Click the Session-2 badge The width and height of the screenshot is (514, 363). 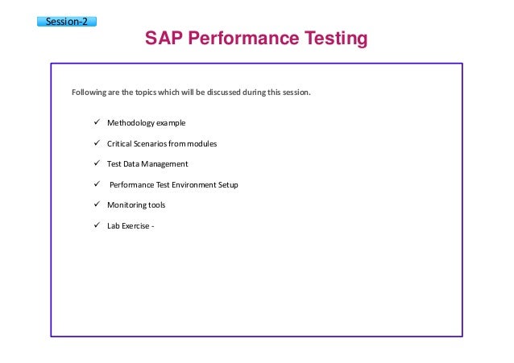click(68, 21)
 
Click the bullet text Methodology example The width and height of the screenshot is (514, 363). click(146, 123)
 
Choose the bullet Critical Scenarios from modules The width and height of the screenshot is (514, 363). click(162, 143)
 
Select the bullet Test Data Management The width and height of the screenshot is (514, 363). click(147, 163)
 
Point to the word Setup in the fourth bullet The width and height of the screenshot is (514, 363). click(227, 184)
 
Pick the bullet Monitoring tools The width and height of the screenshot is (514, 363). click(136, 204)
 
